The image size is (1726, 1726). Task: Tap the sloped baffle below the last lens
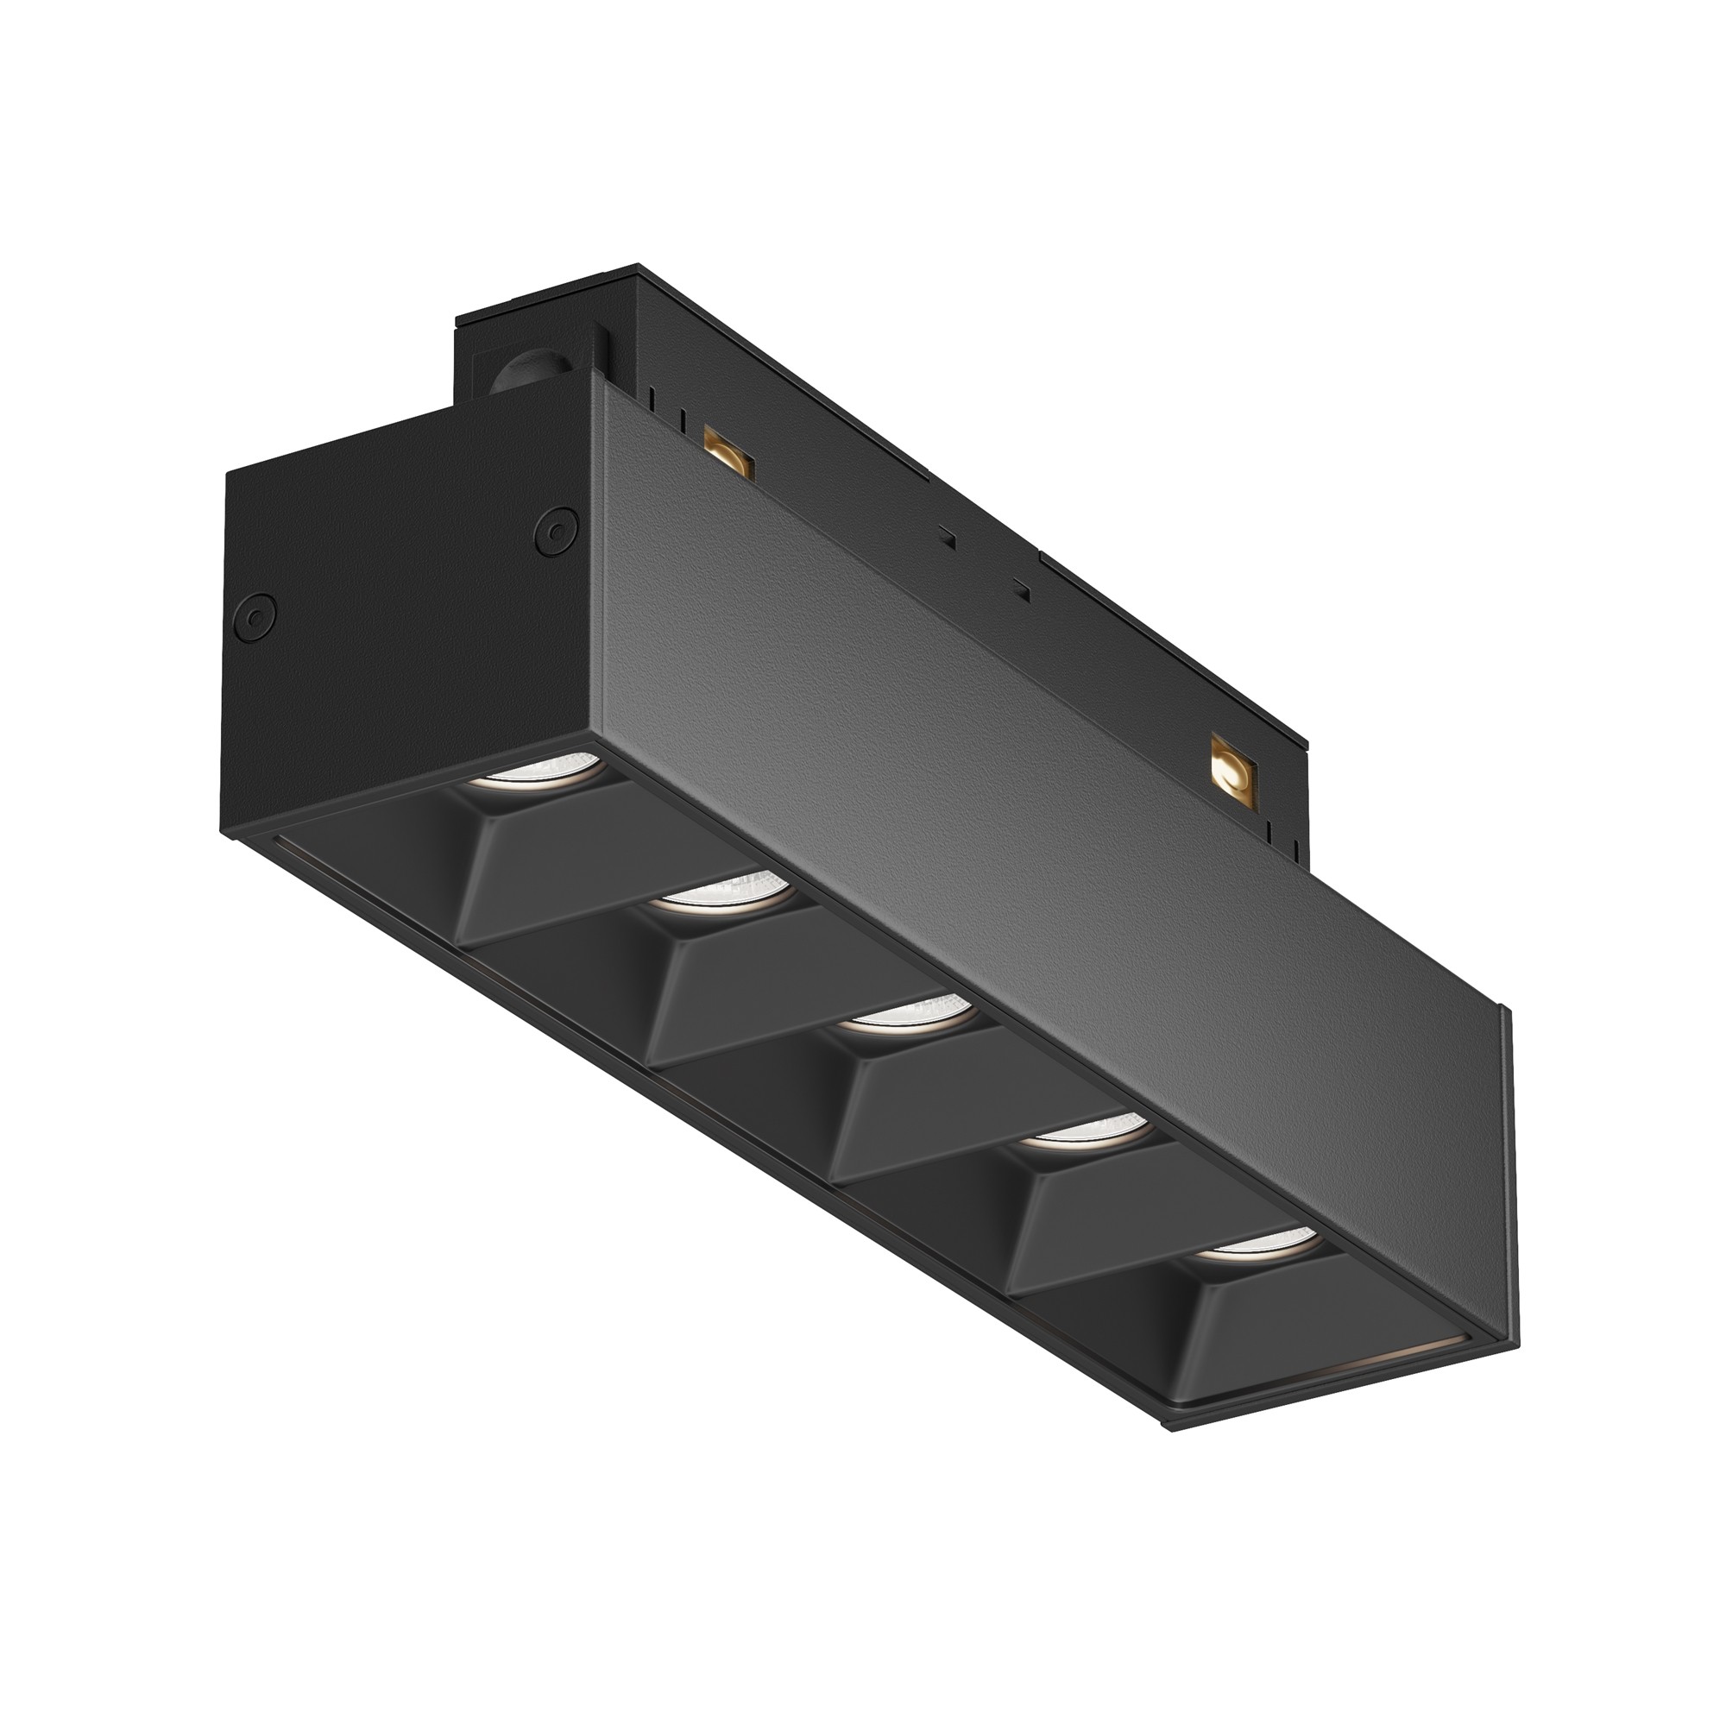tap(1269, 1322)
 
